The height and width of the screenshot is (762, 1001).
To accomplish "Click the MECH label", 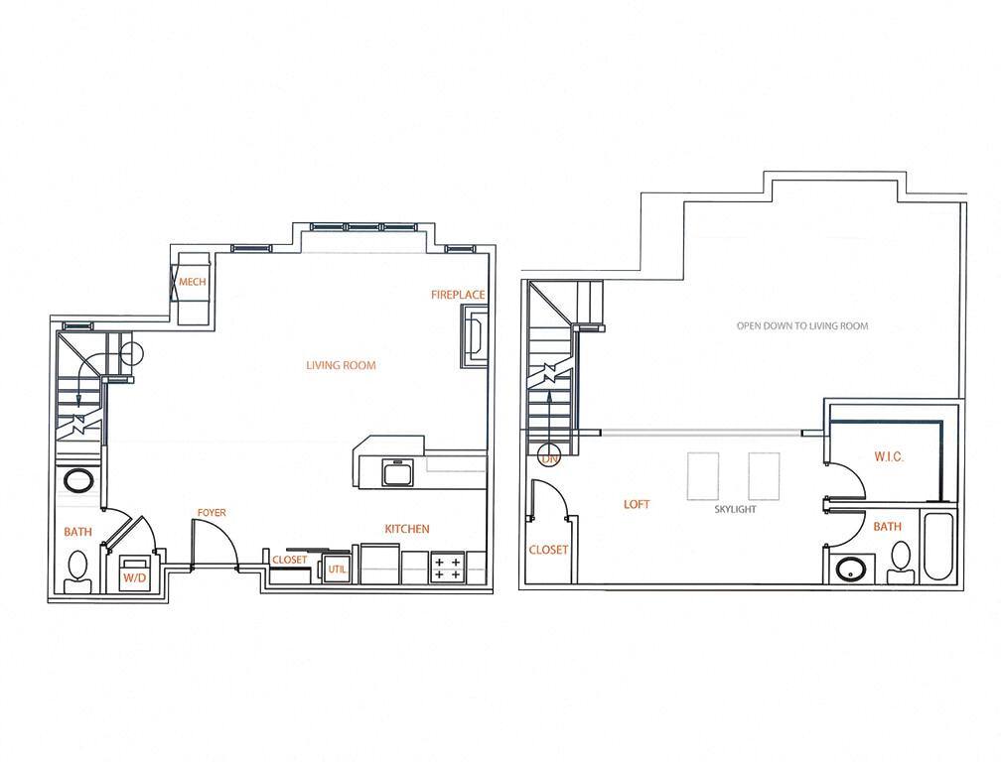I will coord(192,283).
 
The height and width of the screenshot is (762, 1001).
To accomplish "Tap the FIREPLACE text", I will coord(458,295).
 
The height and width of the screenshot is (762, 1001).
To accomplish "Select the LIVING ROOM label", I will coord(341,365).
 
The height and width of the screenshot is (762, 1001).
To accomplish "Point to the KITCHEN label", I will coord(406,529).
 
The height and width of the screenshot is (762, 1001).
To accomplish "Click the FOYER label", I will coord(211,513).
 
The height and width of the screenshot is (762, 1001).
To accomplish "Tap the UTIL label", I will coord(337,570).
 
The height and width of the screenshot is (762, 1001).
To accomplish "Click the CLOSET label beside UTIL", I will coord(290,560).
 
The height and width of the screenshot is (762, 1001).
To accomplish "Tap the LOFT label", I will coord(637,504).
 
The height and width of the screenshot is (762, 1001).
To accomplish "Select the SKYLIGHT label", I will coord(736,509).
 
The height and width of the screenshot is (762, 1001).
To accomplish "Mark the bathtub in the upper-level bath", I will coord(938,547).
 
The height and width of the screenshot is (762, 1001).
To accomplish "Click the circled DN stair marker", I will coord(547,456).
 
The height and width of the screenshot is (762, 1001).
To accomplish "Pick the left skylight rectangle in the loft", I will coord(703,476).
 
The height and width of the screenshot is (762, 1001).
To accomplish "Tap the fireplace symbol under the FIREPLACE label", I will coord(475,334).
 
